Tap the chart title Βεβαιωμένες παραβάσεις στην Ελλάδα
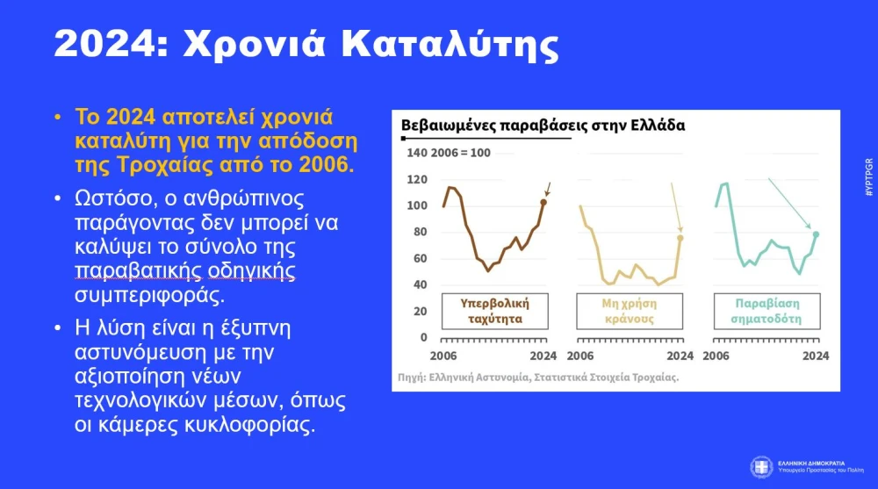pos(543,125)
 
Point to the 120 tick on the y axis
pos(418,179)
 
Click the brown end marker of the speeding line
pos(543,202)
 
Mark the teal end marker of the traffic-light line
pos(816,234)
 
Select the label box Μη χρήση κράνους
pos(630,310)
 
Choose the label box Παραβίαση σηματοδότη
pos(766,310)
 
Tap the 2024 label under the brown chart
pos(543,356)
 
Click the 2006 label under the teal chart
pos(717,356)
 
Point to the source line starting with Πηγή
pos(537,377)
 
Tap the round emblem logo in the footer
pos(761,465)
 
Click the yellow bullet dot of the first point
pos(57,118)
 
